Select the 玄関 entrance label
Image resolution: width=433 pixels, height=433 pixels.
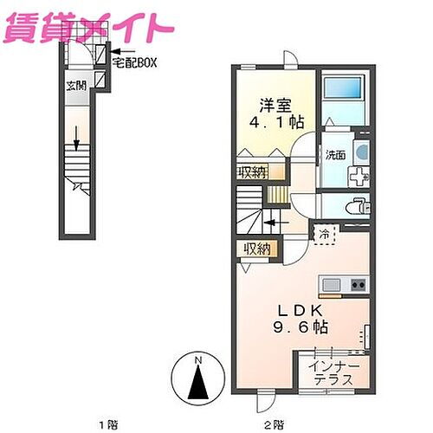coord(75,85)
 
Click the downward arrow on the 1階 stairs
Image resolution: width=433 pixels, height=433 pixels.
coord(76,136)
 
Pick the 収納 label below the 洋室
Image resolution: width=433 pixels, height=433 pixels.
coord(251,171)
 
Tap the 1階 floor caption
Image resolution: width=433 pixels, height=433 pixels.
coord(108,424)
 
